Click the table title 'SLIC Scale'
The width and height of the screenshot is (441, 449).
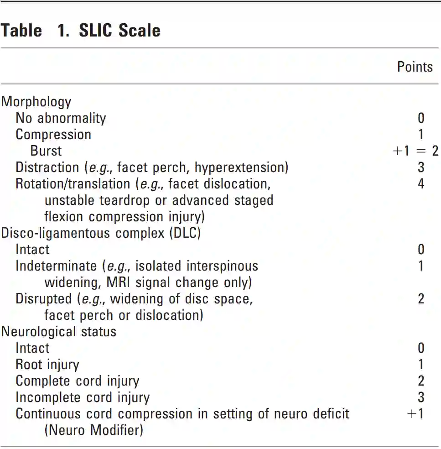point(119,31)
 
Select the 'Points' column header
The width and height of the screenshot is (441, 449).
point(415,67)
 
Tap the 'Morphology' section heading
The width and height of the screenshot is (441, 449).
point(36,101)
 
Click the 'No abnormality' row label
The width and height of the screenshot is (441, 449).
point(61,118)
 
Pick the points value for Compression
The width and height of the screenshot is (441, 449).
point(420,134)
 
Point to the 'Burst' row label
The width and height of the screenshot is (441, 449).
point(46,151)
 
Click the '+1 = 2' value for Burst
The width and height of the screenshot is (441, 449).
point(415,151)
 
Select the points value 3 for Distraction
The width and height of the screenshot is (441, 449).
point(420,167)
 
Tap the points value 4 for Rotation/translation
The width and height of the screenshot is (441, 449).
point(420,183)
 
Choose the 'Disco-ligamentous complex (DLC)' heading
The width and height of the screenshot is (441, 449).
point(101,233)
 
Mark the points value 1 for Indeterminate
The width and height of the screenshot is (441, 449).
point(420,266)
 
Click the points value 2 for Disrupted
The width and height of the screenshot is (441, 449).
point(420,298)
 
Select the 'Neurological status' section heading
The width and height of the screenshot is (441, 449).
point(59,331)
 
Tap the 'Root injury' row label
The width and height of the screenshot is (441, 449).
point(47,364)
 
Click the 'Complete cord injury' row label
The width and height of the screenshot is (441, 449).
point(78,381)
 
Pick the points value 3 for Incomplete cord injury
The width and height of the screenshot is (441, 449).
point(420,397)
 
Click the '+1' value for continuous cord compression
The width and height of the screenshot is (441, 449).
point(415,413)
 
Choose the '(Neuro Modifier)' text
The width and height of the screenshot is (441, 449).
point(93,430)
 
